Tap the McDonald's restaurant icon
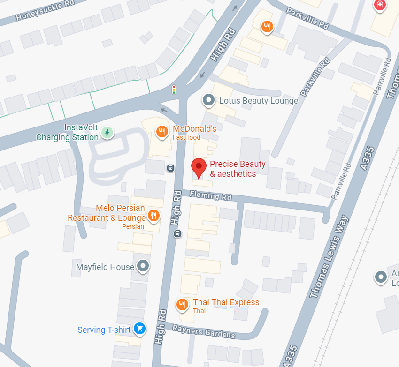coord(162,132)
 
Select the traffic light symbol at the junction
coord(174,90)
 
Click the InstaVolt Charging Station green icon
coord(107,133)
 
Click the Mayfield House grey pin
coord(143,267)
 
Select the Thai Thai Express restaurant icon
coord(182,305)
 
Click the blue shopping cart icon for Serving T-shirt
coord(139,329)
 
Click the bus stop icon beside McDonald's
coord(170,167)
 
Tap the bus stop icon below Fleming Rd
coord(177,233)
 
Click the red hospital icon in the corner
coord(379,5)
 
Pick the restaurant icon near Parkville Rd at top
coord(267,27)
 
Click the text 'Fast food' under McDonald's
coord(186,138)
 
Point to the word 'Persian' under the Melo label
coord(133,226)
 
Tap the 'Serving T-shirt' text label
coord(104,330)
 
